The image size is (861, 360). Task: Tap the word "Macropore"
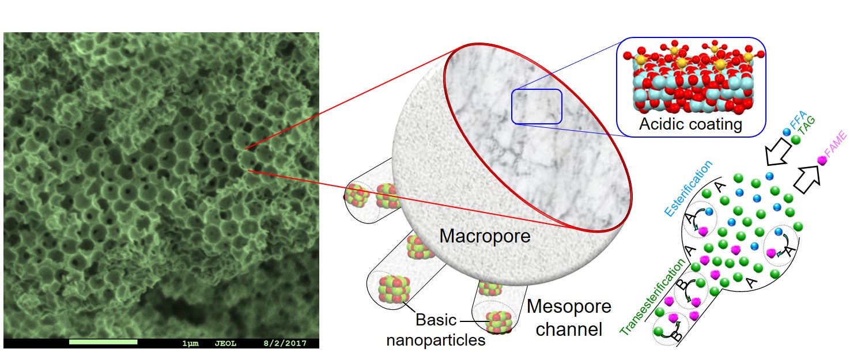click(x=484, y=236)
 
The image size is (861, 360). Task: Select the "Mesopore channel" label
click(x=569, y=317)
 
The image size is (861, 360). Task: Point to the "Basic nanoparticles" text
click(x=436, y=330)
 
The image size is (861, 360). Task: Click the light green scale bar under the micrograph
click(x=103, y=342)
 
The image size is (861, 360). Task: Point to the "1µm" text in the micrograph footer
click(x=190, y=343)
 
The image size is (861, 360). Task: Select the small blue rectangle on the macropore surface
click(x=537, y=106)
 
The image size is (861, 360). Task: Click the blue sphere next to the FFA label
click(x=787, y=132)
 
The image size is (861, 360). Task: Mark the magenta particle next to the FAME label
click(x=824, y=162)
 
